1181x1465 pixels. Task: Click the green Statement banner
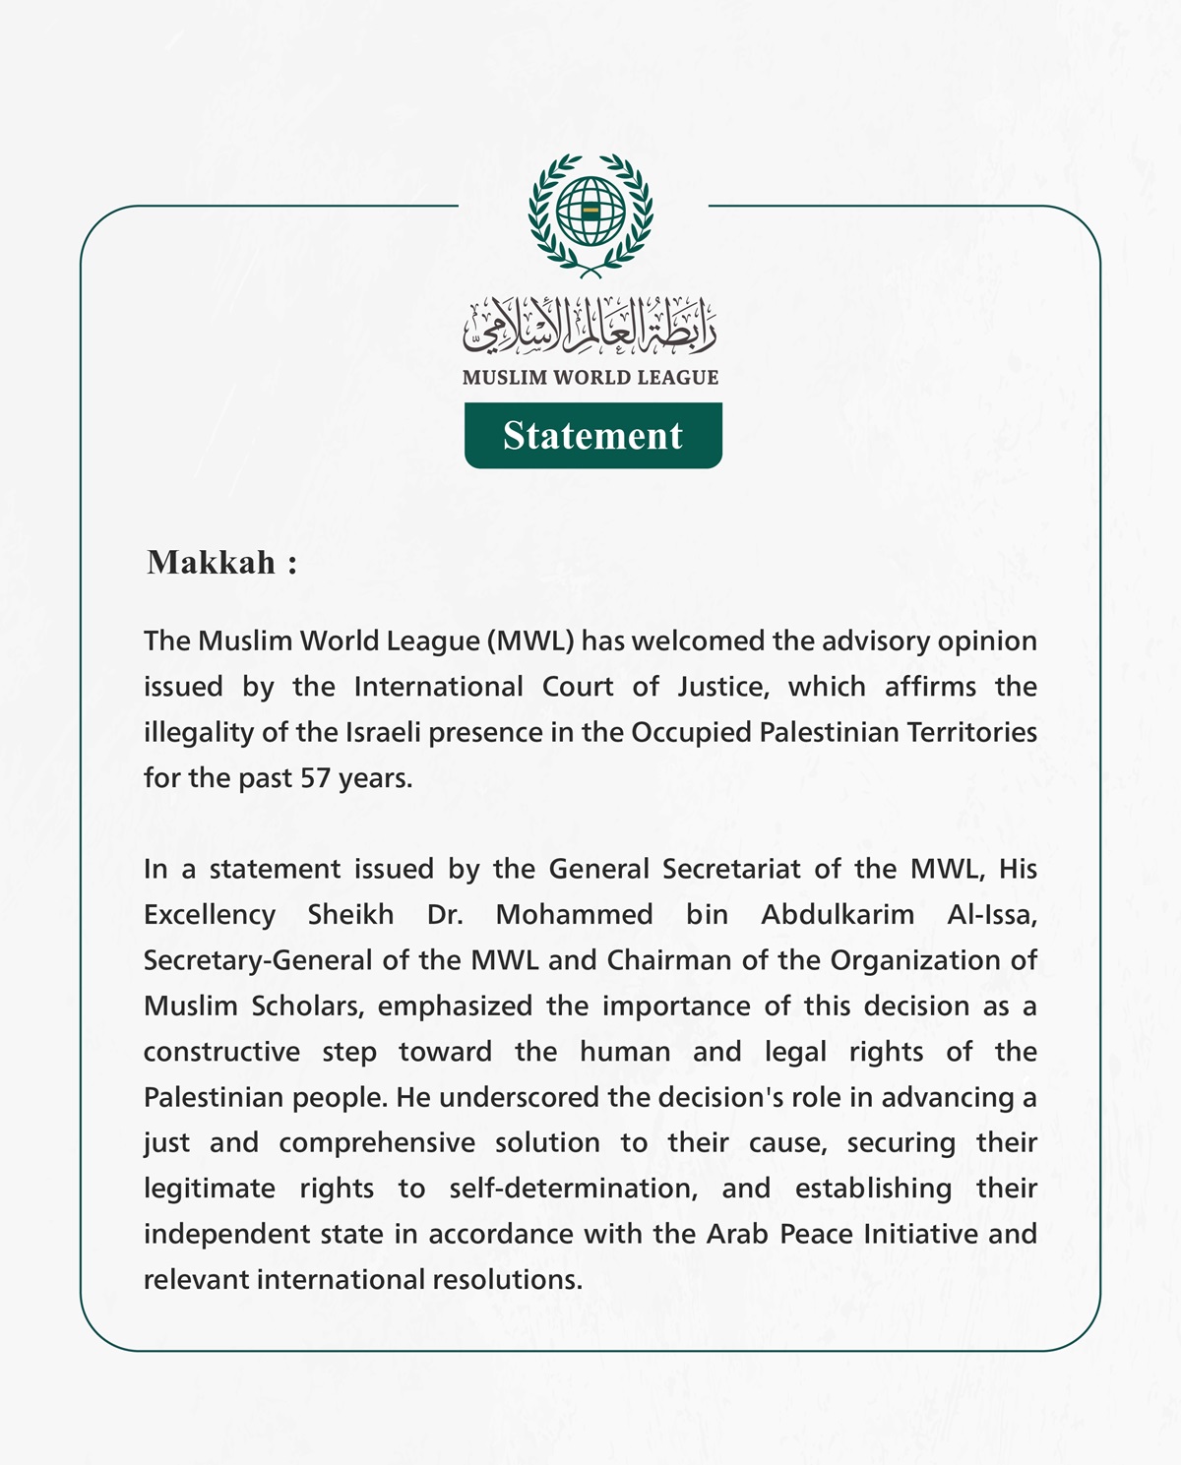592,435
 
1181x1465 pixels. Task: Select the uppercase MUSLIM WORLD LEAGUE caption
590,378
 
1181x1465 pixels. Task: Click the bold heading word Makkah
212,563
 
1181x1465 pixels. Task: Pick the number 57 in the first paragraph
315,778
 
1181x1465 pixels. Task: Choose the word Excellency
210,915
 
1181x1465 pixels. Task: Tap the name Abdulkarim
838,915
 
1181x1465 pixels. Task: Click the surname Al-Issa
992,915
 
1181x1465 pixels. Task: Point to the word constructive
221,1052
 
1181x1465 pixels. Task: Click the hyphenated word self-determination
574,1189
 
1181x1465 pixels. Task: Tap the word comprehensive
377,1143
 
